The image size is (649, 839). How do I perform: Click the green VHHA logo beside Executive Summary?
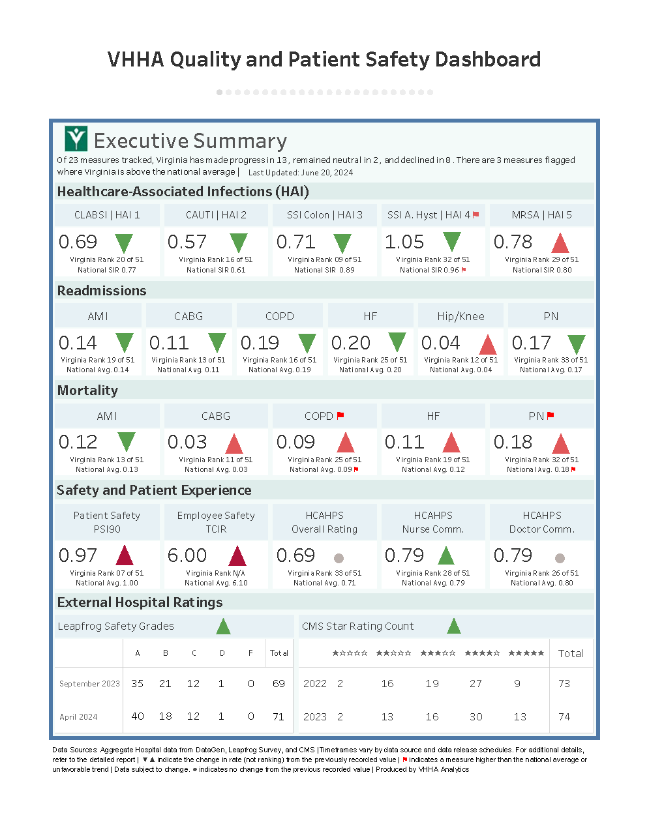click(x=76, y=139)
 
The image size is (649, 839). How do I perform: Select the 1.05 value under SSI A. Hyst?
click(x=404, y=242)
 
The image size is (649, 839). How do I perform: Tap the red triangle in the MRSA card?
click(x=560, y=243)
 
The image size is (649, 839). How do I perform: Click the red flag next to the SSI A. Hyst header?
click(x=475, y=214)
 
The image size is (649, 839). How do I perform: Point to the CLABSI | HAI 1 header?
click(x=107, y=215)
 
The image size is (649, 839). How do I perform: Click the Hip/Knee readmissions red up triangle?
click(x=488, y=344)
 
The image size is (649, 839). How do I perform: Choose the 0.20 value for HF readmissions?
click(x=351, y=343)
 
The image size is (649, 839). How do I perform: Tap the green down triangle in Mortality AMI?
click(x=126, y=441)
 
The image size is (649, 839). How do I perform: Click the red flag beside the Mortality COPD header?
click(x=340, y=415)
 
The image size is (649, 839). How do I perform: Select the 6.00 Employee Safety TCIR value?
click(x=187, y=555)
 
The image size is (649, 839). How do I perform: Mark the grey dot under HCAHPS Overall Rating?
click(x=339, y=558)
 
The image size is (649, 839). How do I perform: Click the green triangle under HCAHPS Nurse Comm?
click(x=446, y=556)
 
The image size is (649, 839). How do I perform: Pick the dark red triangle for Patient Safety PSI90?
click(x=125, y=556)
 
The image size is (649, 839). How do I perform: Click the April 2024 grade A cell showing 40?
click(x=138, y=716)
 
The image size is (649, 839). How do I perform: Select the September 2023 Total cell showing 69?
click(x=279, y=683)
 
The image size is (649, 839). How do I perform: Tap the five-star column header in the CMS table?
click(x=526, y=653)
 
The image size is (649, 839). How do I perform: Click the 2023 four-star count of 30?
click(x=476, y=716)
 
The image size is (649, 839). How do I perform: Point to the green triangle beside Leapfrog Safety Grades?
click(x=223, y=626)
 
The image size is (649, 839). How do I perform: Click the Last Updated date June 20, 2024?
click(x=327, y=173)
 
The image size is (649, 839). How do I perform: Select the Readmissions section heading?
click(x=102, y=291)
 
